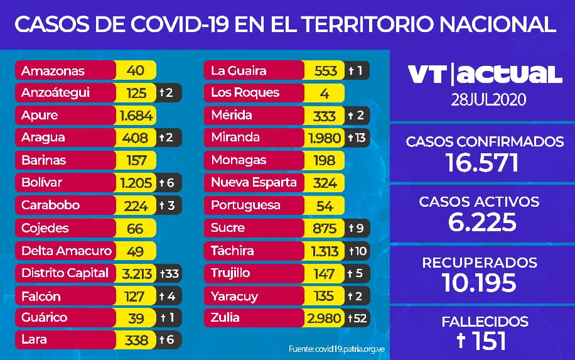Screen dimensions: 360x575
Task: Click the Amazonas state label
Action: (53, 70)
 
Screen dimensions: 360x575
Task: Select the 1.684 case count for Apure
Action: (136, 116)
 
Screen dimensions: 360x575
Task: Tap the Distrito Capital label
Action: (65, 273)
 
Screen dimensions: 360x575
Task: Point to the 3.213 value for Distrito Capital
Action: (136, 273)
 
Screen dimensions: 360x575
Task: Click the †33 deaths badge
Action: (169, 273)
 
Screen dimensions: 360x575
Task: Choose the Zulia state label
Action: (225, 317)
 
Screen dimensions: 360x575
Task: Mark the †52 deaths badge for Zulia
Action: (358, 317)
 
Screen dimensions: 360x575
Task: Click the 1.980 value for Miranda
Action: (325, 138)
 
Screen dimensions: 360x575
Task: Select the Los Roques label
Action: (245, 92)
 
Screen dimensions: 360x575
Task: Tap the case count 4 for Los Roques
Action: (325, 92)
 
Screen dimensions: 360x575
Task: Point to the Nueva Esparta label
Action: (254, 183)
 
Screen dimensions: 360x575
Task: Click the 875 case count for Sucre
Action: (325, 228)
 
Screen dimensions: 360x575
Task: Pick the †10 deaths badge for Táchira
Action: (358, 251)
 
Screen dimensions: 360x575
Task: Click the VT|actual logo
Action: (484, 74)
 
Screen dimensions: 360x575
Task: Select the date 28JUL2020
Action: (484, 99)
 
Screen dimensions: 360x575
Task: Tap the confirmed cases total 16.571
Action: (484, 163)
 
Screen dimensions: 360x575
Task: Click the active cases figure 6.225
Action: (484, 222)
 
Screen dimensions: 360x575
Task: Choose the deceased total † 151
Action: (484, 341)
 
